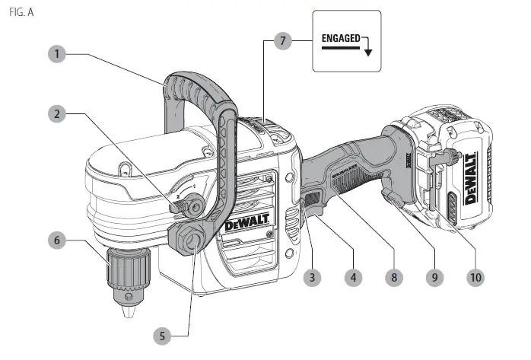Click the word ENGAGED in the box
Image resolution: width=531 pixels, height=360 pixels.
339,37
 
